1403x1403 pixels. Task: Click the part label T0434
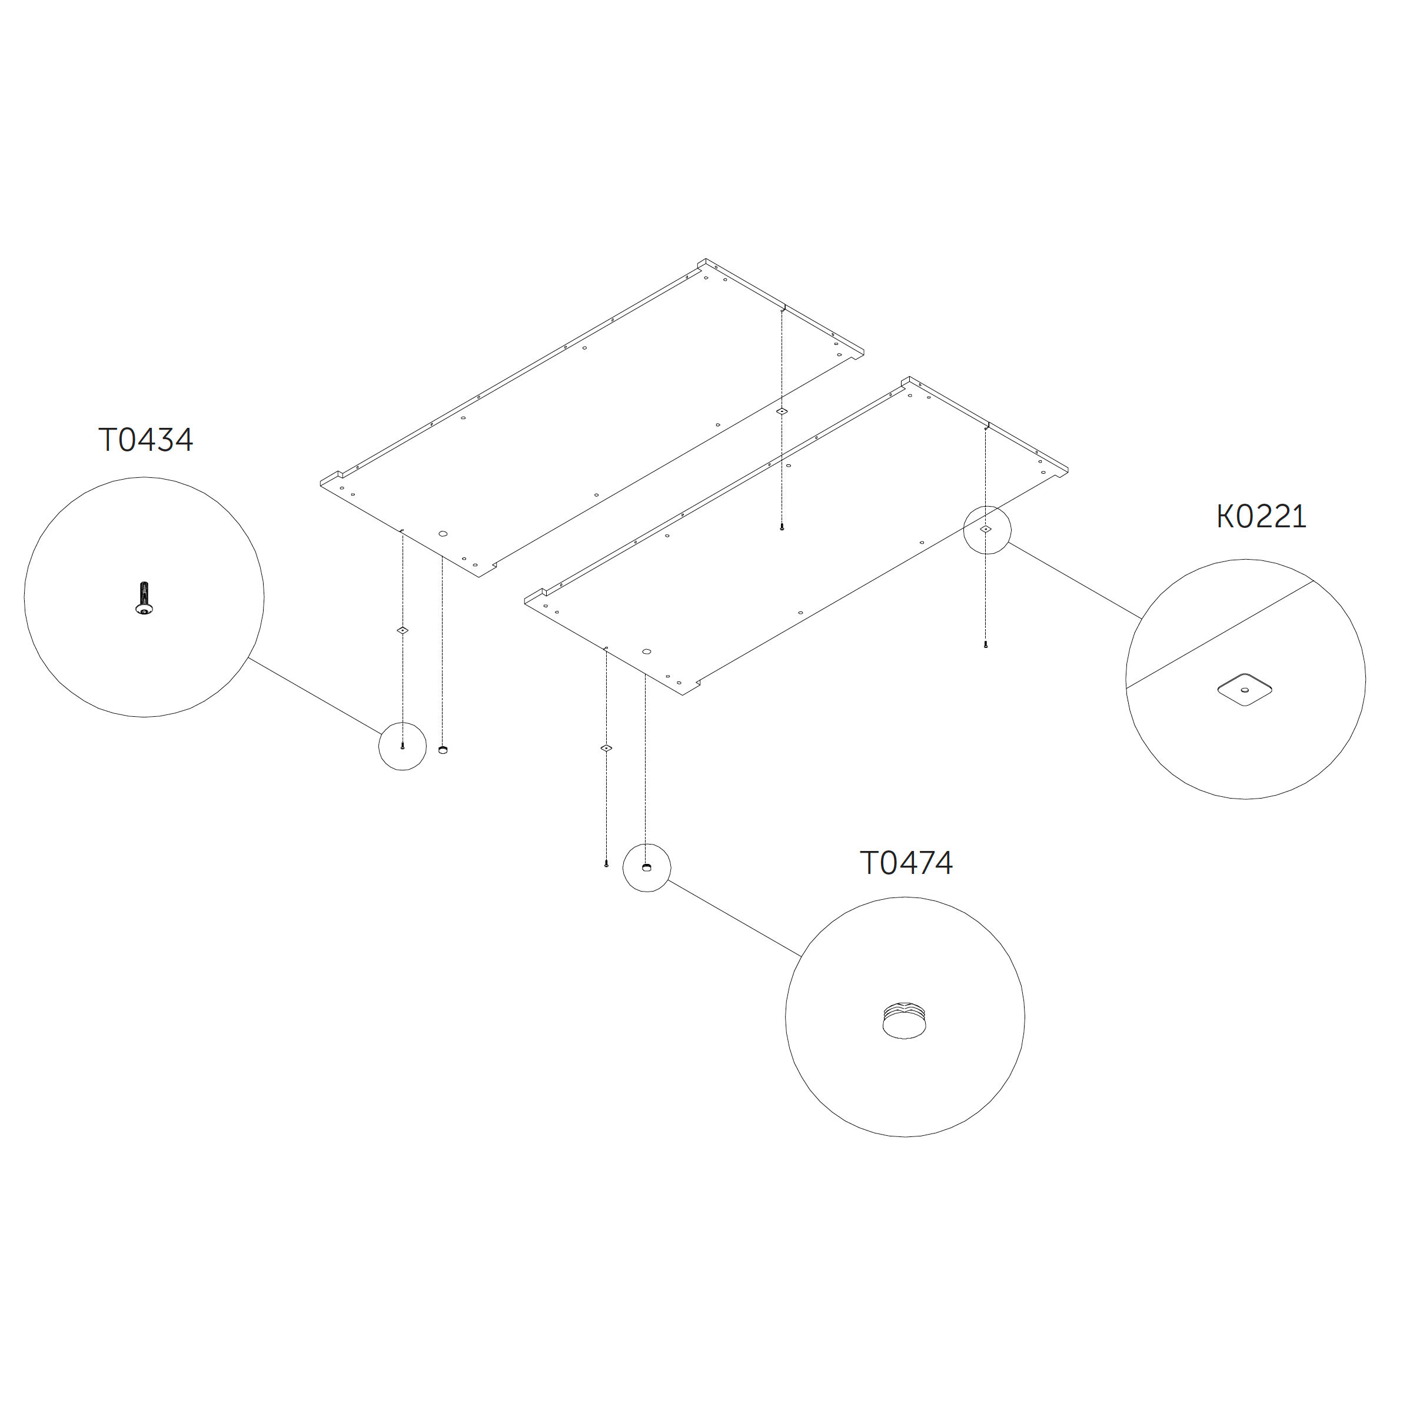coord(146,440)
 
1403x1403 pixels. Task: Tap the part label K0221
coord(1261,517)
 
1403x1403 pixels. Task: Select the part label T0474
coord(906,863)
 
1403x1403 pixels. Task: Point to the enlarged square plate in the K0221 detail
coord(1245,689)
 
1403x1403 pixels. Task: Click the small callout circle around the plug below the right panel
coord(647,868)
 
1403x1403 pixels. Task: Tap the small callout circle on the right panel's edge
coord(987,530)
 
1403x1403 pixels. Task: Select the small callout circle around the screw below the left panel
coord(403,746)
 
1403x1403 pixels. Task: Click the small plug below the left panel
coord(443,749)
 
